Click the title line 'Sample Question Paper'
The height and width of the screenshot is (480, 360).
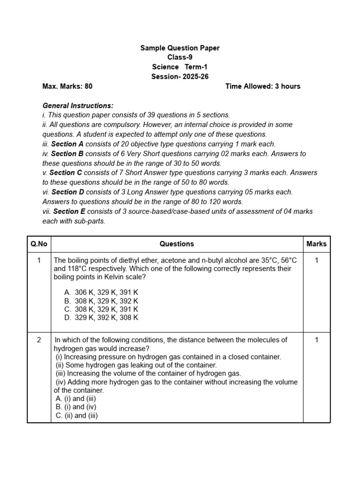click(x=180, y=48)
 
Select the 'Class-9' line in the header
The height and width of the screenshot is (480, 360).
click(x=180, y=57)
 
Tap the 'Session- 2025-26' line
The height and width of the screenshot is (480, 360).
click(x=180, y=76)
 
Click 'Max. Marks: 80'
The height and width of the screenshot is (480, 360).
click(x=67, y=86)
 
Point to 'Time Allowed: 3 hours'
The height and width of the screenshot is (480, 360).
click(x=262, y=86)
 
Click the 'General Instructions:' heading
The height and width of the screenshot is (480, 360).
click(x=78, y=106)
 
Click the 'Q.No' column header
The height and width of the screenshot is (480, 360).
click(x=39, y=244)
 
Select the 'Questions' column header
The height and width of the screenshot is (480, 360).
click(x=177, y=244)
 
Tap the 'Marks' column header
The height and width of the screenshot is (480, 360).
click(x=316, y=244)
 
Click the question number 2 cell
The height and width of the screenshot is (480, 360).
click(x=39, y=340)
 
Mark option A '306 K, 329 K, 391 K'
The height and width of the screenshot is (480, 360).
click(x=101, y=292)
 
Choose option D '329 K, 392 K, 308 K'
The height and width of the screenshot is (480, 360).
click(x=101, y=317)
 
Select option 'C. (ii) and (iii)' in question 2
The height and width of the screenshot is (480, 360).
click(x=76, y=415)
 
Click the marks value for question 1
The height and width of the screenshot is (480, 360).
click(x=316, y=260)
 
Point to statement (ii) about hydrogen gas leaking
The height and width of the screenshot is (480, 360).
click(x=136, y=365)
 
